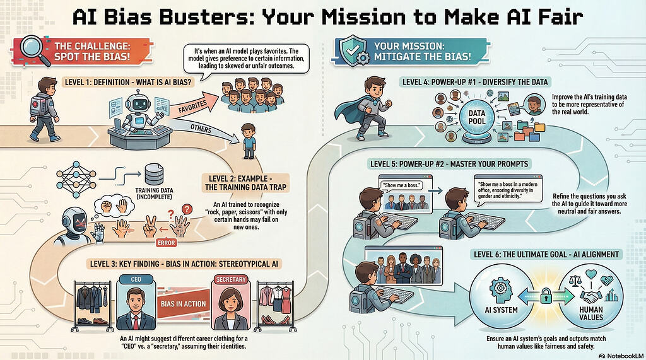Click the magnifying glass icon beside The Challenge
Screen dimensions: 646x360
click(x=35, y=50)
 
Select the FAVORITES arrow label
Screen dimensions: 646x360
click(x=192, y=107)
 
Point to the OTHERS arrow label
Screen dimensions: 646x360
click(x=201, y=129)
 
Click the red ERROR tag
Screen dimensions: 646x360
click(x=167, y=243)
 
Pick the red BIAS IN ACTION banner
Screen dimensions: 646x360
click(x=183, y=304)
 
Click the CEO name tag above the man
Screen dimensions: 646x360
click(x=136, y=279)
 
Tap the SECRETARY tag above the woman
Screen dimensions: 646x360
click(x=231, y=279)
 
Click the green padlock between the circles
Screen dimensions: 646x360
click(x=546, y=296)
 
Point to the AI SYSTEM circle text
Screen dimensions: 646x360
click(x=502, y=310)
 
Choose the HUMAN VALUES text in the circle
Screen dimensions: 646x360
click(x=591, y=313)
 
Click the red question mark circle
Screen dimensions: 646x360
click(x=187, y=209)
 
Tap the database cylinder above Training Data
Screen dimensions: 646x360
click(x=155, y=175)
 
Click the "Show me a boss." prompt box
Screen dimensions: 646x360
click(x=401, y=185)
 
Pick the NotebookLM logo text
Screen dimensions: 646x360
click(x=621, y=355)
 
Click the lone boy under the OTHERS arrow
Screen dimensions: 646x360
click(x=248, y=141)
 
